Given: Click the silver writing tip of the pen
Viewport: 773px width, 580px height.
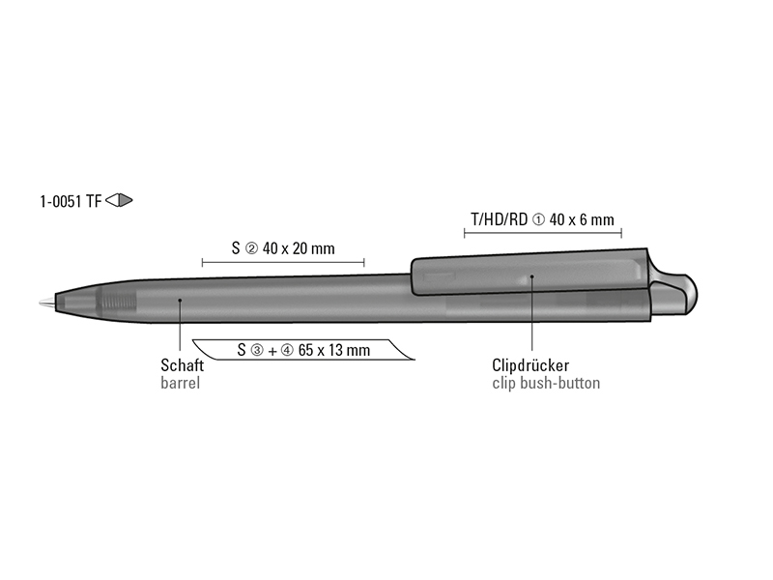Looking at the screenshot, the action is coord(47,302).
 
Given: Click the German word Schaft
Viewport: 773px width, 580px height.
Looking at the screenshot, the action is coord(182,365).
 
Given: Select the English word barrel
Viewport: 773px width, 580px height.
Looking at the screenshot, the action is coord(181,383).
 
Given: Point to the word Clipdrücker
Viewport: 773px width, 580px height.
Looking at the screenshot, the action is coord(530,365).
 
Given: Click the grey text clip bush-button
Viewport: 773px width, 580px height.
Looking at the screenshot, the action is coord(546,383).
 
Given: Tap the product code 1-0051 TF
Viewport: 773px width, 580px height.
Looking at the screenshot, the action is coord(71,201).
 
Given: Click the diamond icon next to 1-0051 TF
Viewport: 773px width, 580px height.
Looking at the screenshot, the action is coord(119,200).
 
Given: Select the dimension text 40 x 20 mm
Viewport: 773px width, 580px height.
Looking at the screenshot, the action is coord(299,248).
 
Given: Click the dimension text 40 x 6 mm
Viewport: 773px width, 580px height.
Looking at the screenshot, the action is coord(582,219).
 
